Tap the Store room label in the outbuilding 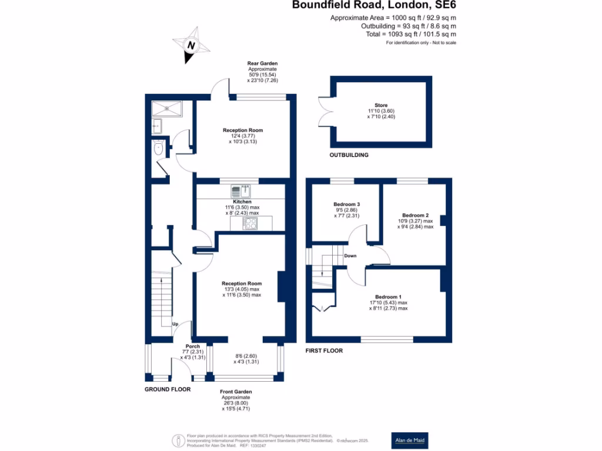coord(380,106)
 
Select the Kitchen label coord(242,202)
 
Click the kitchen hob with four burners coord(250,223)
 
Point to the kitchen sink coord(240,191)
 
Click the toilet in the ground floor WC coord(158,150)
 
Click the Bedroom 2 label coord(414,216)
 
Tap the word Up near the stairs coord(175,324)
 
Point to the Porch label coord(193,346)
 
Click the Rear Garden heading coord(262,63)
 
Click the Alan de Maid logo coord(410,440)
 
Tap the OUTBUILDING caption coord(349,155)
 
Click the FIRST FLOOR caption coord(324,351)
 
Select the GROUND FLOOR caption coord(168,389)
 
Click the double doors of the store coord(325,114)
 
